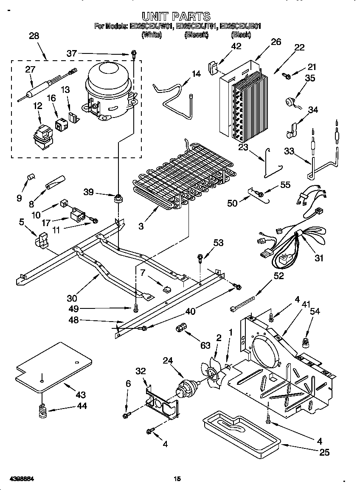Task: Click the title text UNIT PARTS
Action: click(176, 17)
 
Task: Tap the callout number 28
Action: click(34, 36)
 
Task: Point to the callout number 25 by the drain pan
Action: click(324, 452)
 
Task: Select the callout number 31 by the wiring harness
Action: click(319, 258)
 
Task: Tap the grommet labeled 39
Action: click(118, 198)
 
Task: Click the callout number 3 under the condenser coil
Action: click(141, 226)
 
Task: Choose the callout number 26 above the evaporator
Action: click(276, 42)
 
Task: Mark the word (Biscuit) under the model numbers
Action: click(196, 36)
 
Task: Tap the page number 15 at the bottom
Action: click(177, 479)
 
